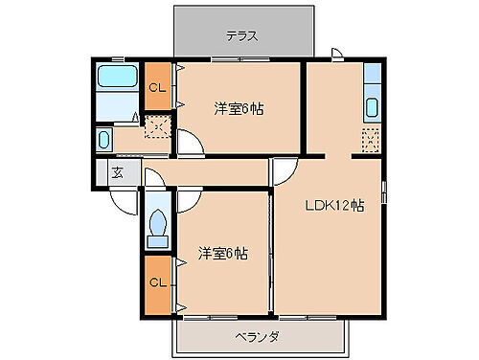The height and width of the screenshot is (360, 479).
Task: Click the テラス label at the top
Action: tap(243, 36)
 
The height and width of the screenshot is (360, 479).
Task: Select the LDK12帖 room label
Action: tap(334, 205)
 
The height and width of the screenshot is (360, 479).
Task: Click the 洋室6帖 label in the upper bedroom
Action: tap(239, 109)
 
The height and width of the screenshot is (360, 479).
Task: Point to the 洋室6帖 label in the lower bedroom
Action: tap(223, 254)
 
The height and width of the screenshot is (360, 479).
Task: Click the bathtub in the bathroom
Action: tap(118, 79)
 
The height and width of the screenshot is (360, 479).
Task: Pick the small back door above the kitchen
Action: tap(336, 56)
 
